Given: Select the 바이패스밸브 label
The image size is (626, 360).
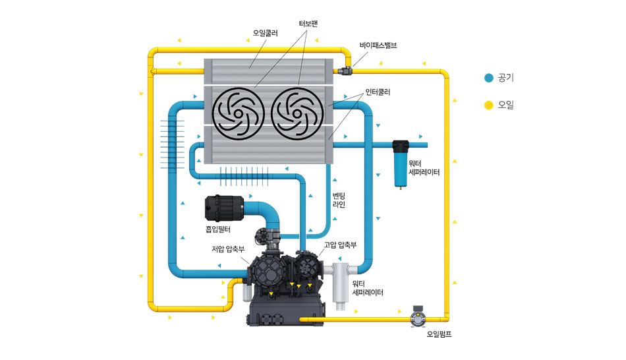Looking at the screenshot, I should pos(378,45).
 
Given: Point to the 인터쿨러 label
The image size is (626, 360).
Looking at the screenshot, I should pos(378,92).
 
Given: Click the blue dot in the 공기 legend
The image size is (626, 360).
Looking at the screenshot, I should pos(488,78).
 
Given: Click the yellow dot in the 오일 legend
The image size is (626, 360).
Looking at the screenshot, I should pos(488,105).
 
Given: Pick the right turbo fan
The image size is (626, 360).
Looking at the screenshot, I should pos(299,113).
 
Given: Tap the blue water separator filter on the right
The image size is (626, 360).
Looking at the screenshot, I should pos(399,161).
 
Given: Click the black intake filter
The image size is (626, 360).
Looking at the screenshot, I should pos(225,208).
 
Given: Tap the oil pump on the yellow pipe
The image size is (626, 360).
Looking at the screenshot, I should pos(417,318).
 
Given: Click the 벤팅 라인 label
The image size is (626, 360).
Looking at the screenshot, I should pos(339,200).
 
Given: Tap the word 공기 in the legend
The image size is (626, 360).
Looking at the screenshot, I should pos(505,78).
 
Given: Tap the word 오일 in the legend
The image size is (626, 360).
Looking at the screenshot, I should pos(505,105).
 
